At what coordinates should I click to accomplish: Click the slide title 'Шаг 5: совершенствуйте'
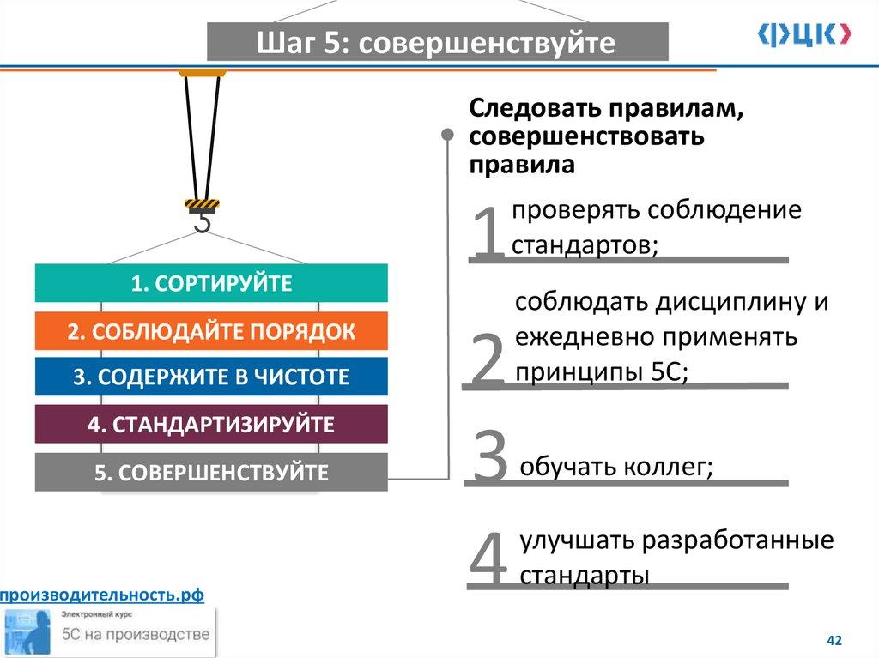click(x=437, y=42)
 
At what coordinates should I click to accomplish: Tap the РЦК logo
click(x=804, y=33)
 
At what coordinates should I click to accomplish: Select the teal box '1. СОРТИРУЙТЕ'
click(x=211, y=283)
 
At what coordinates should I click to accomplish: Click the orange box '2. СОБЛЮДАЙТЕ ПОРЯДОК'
click(x=211, y=331)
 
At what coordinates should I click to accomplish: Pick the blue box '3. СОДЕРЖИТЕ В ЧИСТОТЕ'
click(x=211, y=377)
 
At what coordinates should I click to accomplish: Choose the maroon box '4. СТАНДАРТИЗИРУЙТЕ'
click(x=211, y=424)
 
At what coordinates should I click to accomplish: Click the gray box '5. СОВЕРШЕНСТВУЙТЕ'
click(x=211, y=472)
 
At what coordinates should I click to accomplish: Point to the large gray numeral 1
click(x=488, y=234)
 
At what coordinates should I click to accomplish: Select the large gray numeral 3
click(x=491, y=457)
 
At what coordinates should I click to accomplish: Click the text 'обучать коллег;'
click(x=616, y=468)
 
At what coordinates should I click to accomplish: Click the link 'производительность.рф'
click(x=102, y=595)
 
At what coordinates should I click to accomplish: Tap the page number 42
click(x=834, y=641)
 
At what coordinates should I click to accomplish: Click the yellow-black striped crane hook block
click(x=203, y=204)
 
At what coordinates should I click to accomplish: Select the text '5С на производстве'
click(x=135, y=635)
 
